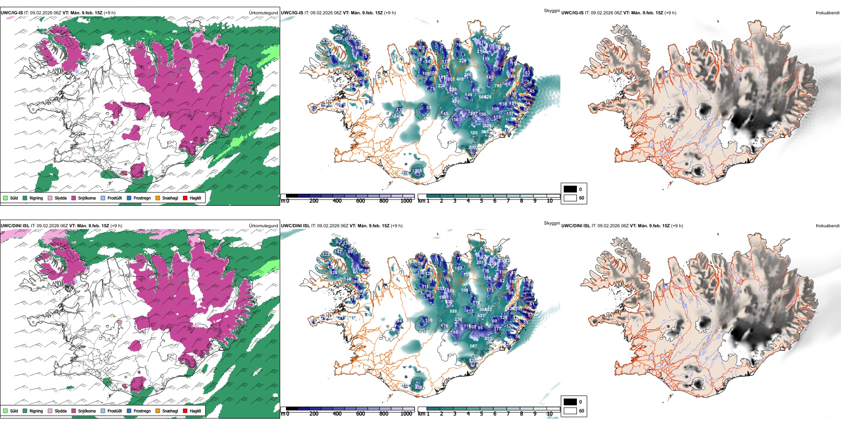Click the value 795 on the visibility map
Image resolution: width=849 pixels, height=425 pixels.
tap(498, 86)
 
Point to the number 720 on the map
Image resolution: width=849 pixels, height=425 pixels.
tap(474, 133)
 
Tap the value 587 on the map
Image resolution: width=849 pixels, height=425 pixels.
tap(473, 346)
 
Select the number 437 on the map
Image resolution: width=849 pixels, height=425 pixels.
tap(481, 316)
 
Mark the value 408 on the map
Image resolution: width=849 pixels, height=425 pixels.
tap(460, 79)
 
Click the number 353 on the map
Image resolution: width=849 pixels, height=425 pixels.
tap(488, 339)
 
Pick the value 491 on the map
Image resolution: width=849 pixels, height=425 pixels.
tap(455, 102)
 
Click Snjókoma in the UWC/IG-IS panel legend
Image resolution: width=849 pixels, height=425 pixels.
tap(87, 198)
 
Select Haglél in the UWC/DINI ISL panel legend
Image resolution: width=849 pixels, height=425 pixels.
tap(195, 411)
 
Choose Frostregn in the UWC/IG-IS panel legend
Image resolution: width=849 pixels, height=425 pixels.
tap(142, 198)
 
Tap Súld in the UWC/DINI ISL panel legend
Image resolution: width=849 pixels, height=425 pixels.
tap(14, 411)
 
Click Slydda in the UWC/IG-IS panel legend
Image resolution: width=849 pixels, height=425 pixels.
tap(60, 198)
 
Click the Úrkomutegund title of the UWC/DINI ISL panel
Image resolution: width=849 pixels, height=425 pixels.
tap(263, 225)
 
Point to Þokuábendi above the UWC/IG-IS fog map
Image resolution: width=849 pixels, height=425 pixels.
tap(828, 13)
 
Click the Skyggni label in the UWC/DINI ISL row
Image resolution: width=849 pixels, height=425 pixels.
tap(551, 223)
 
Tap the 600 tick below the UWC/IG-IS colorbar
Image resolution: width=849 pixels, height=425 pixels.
tap(360, 201)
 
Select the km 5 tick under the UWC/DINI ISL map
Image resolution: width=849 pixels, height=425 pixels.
tap(481, 414)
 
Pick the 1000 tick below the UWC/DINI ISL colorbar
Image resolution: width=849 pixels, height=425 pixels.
tap(406, 414)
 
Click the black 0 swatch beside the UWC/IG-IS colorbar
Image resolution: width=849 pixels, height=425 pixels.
tap(570, 189)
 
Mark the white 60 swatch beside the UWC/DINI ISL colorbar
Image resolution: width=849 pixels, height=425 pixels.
tap(570, 411)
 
